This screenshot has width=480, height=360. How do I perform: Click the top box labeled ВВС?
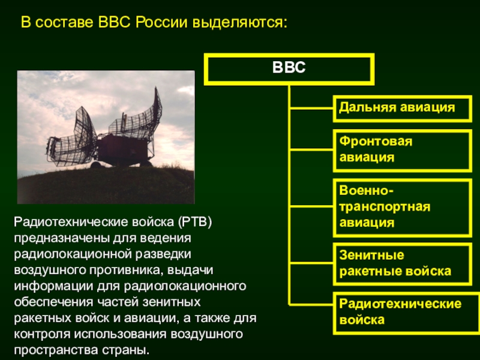pyautogui.click(x=289, y=68)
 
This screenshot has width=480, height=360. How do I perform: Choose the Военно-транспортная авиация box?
pyautogui.click(x=401, y=206)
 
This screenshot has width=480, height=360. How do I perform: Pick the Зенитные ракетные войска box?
pyautogui.click(x=401, y=263)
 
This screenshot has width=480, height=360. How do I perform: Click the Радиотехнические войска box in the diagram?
pyautogui.click(x=401, y=312)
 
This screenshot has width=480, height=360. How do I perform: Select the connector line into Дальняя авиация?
pyautogui.click(x=311, y=109)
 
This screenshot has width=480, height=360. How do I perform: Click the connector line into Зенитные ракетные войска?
pyautogui.click(x=311, y=263)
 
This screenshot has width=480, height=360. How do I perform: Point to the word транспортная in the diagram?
pyautogui.click(x=385, y=206)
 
